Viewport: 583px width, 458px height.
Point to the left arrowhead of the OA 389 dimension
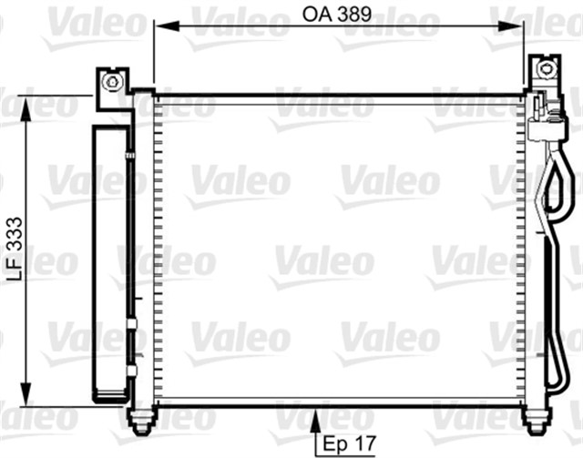pos(160,26)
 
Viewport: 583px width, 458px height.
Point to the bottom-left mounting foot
pos(142,421)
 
